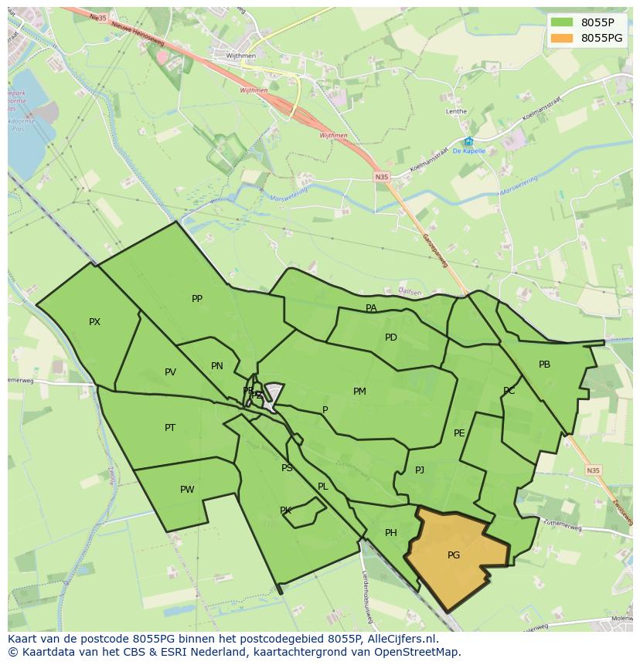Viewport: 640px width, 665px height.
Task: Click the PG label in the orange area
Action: [x=454, y=555]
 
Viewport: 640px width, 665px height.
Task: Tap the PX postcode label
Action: [x=94, y=322]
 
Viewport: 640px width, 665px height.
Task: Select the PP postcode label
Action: [x=197, y=299]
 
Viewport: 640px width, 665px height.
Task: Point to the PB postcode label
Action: [x=544, y=365]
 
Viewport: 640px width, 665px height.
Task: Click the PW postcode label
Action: [x=187, y=490]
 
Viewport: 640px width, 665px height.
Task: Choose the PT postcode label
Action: [x=170, y=428]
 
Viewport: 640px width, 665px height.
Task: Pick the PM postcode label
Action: [x=359, y=392]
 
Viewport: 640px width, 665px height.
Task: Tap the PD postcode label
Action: [x=391, y=338]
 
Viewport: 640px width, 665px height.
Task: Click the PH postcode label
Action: [x=391, y=533]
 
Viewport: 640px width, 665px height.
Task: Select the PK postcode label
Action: [x=285, y=511]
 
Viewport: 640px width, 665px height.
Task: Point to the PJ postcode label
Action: [x=420, y=470]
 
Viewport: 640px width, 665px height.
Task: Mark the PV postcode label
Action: [x=170, y=372]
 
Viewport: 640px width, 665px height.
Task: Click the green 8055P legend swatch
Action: [x=562, y=22]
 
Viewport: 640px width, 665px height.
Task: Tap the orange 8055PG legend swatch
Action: [x=562, y=38]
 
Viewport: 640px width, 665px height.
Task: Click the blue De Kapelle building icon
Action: [x=468, y=141]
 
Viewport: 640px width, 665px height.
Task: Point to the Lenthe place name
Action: [x=456, y=111]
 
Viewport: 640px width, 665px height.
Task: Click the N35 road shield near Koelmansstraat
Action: [x=382, y=177]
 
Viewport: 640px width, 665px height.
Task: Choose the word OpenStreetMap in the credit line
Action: [x=418, y=652]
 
